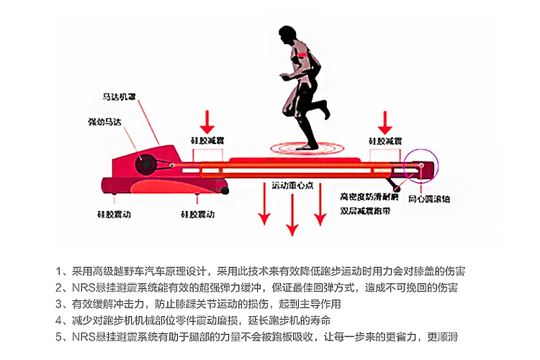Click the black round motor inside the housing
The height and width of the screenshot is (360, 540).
144,163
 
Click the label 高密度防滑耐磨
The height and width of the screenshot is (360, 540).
370,196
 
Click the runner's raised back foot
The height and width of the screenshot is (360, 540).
325,110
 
